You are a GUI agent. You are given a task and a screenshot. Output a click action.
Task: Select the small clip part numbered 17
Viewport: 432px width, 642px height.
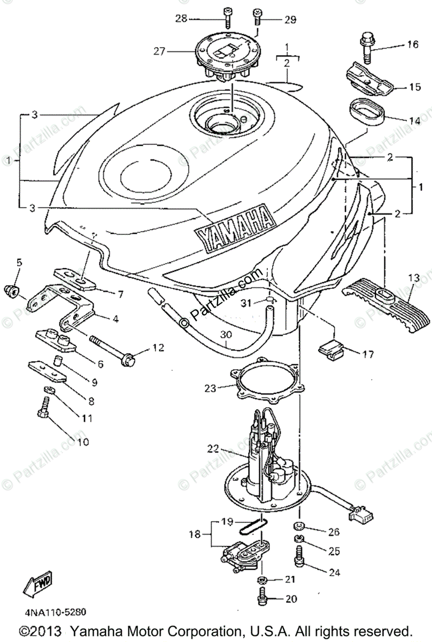[x=331, y=349]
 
